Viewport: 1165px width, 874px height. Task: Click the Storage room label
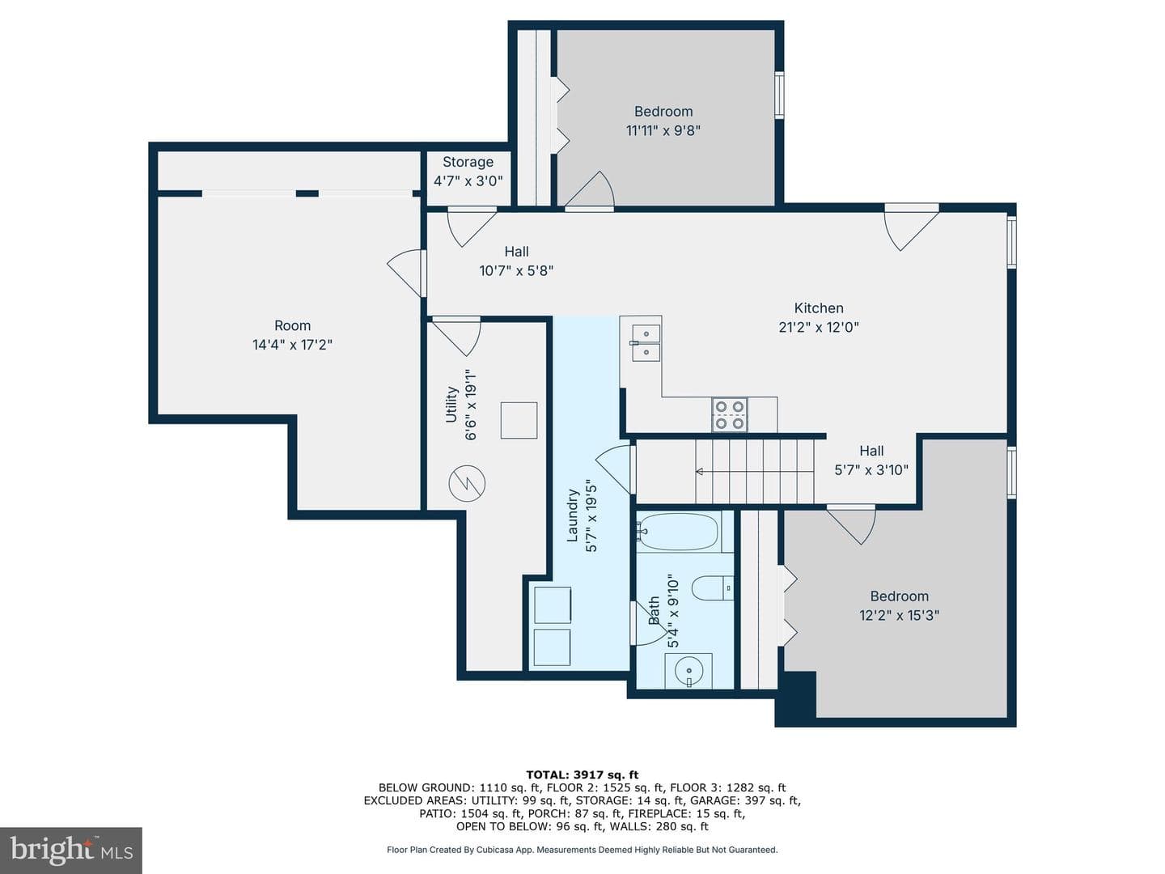coord(468,162)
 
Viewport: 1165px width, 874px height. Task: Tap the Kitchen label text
coord(819,308)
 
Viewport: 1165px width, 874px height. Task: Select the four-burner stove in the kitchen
coord(729,414)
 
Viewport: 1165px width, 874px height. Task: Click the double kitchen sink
coord(646,343)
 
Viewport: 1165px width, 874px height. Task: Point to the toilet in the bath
coord(712,588)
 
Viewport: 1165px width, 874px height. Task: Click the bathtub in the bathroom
coord(678,531)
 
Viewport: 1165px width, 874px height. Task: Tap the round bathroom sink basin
coord(689,671)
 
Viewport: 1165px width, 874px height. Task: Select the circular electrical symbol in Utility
coord(467,483)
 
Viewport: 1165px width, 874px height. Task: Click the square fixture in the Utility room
coord(519,420)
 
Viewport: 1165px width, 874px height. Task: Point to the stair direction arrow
coord(754,471)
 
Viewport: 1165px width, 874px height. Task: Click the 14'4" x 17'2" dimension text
coord(292,345)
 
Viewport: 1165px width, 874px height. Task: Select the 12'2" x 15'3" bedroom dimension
coord(899,615)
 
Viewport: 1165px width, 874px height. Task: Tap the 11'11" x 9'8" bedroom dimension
coord(663,130)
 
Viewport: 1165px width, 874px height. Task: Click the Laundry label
coord(572,515)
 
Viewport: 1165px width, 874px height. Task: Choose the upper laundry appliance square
coord(553,605)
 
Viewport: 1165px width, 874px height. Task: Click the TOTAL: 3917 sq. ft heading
coord(582,774)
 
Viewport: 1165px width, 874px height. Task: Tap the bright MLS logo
coord(71,850)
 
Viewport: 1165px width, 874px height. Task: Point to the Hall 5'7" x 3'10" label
coord(871,460)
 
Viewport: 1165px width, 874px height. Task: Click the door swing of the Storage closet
coord(470,226)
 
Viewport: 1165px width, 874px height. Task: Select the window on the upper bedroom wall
coord(778,95)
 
